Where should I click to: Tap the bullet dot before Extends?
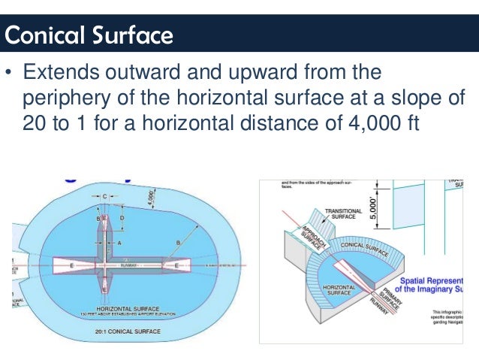[9, 75]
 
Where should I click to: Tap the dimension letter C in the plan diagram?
[104, 196]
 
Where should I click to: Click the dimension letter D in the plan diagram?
[122, 218]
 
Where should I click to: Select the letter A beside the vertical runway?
[119, 244]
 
